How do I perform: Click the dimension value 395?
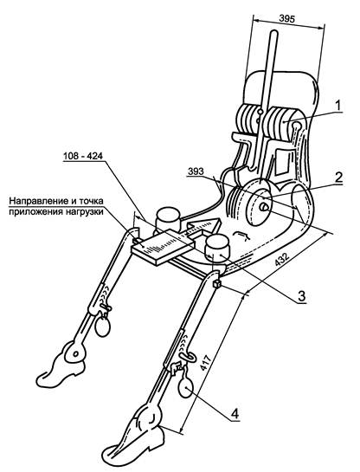287,19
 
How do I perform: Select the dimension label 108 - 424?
83,156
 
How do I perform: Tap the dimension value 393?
196,171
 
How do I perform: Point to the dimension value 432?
282,260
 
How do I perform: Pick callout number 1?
338,106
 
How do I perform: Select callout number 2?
338,178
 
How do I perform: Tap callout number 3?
302,296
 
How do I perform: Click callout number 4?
235,414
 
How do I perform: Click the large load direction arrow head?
203,225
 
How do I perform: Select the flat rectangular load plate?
163,247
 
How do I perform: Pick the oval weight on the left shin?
103,327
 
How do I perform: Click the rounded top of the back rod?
273,33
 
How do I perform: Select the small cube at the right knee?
217,283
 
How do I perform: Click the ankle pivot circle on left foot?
75,352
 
